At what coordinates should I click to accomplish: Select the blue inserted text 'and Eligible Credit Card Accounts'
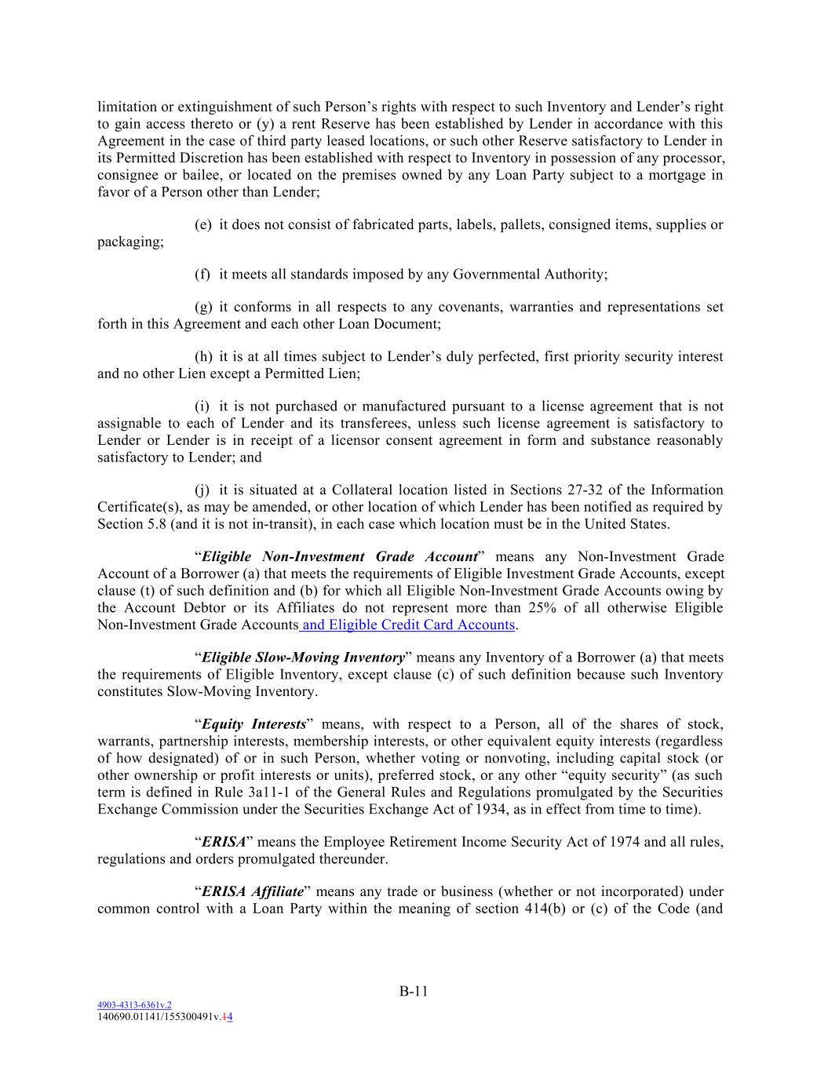click(x=408, y=625)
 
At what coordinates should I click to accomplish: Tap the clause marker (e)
click(x=203, y=225)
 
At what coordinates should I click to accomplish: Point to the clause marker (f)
click(x=202, y=275)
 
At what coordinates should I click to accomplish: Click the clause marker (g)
click(x=203, y=307)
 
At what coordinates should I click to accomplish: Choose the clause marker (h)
click(x=203, y=357)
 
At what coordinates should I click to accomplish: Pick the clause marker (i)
click(x=202, y=406)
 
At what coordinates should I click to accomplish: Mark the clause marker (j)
click(x=202, y=490)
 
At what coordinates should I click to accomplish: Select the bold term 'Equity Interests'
click(x=254, y=724)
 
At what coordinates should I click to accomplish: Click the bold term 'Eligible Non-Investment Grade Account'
click(x=339, y=557)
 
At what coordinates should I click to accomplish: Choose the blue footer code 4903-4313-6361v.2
click(x=133, y=1004)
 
